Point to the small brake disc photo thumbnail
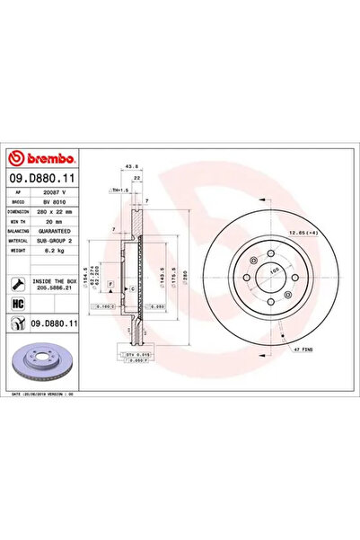[x=43, y=360]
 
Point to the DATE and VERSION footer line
[x=47, y=394]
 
